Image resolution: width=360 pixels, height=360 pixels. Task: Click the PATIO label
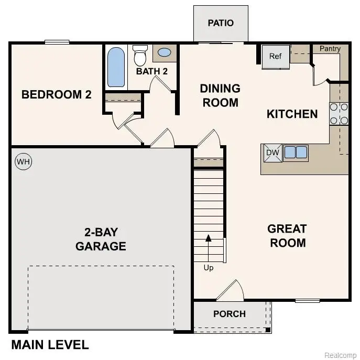click(x=220, y=23)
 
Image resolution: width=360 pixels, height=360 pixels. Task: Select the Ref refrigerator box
click(x=276, y=57)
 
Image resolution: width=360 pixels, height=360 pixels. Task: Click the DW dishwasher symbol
click(x=271, y=152)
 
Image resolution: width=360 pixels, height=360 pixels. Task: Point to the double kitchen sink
click(x=296, y=152)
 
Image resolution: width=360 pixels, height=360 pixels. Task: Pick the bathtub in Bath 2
click(x=116, y=67)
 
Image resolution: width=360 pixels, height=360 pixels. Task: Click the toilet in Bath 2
click(x=140, y=54)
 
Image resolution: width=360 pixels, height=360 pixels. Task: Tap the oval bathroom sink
click(x=164, y=53)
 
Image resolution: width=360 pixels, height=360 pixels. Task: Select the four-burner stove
click(x=339, y=114)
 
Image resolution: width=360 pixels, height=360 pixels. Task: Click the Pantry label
click(x=330, y=49)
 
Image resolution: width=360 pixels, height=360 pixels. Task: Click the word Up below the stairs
click(x=209, y=268)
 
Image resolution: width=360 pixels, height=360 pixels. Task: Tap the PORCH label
click(x=230, y=314)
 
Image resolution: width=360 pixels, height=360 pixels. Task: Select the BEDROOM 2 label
click(x=57, y=95)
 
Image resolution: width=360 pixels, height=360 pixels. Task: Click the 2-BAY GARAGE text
click(x=101, y=239)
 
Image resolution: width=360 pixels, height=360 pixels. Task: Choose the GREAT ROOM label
click(x=287, y=236)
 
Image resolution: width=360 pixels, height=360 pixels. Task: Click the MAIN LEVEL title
click(x=50, y=345)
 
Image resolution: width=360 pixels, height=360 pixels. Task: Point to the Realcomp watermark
click(x=340, y=355)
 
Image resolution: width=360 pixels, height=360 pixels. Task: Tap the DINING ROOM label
click(x=220, y=95)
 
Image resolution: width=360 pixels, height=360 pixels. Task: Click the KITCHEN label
click(x=292, y=114)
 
